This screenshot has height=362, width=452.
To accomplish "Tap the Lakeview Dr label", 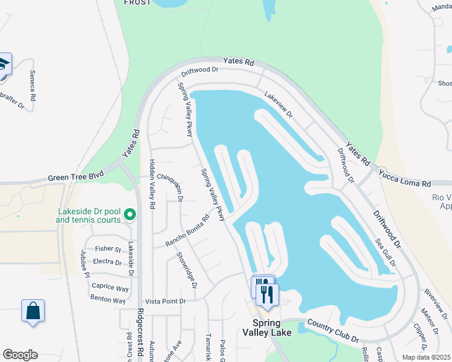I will pos(278,104).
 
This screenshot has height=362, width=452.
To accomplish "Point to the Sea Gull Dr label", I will pos(385,252).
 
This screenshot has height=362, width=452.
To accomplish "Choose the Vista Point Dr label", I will pos(165,301).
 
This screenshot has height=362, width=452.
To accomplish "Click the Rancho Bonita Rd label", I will pos(187,230).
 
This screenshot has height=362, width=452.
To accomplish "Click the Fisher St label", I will pos(108,248).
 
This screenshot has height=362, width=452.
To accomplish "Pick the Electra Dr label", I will pos(108,261).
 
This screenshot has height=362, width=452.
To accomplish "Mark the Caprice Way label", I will pos(110,288).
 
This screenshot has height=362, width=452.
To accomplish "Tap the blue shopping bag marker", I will pos(33,311).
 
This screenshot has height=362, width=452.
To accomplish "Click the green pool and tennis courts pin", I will pos(129,214).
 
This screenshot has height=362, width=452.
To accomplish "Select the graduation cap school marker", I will pos(4,65).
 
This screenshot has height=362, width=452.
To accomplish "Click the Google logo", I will pos(20,355).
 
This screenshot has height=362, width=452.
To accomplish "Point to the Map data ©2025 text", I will pos(426,357).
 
